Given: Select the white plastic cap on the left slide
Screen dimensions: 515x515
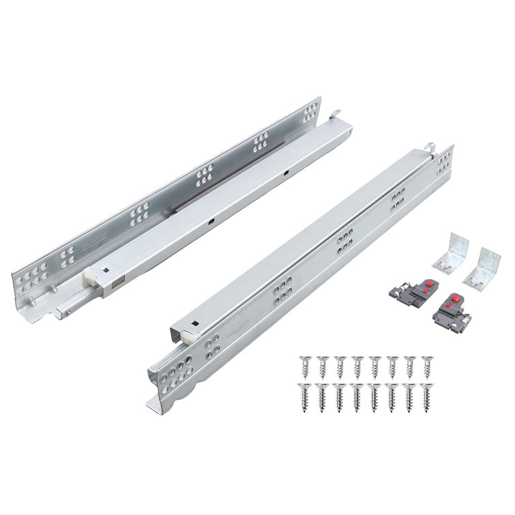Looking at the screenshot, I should (x=90, y=278).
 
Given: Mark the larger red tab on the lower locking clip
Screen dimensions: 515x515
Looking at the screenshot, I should (x=453, y=299).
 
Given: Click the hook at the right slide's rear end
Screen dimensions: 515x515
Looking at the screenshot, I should (x=430, y=146).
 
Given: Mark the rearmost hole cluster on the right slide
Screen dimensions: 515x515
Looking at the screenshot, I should (x=445, y=162).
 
